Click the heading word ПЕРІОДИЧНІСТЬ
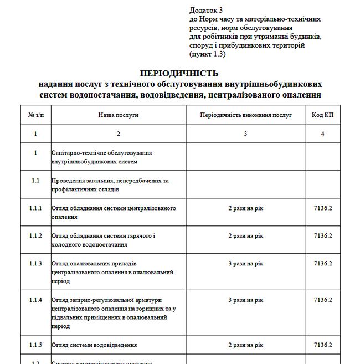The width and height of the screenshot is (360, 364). (179, 73)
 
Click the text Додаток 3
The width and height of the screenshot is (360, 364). (206, 10)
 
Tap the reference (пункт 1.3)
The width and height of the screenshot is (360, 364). (208, 54)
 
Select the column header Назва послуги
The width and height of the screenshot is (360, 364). (118, 115)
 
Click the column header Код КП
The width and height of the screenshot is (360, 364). (322, 115)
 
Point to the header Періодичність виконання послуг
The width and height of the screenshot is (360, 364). (245, 115)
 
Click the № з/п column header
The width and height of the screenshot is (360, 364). (35, 115)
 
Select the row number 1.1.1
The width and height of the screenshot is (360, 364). (35, 208)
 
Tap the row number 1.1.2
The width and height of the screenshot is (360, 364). (35, 236)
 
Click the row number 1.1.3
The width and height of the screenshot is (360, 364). (35, 263)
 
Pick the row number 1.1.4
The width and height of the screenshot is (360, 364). (35, 300)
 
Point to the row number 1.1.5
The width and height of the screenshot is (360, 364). (35, 345)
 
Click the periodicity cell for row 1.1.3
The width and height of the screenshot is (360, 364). (245, 263)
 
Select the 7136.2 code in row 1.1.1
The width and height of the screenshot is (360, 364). (322, 208)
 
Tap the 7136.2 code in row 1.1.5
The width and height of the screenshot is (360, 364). (322, 345)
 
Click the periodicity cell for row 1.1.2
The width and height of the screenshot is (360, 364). (245, 236)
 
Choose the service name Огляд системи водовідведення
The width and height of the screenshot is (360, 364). (94, 345)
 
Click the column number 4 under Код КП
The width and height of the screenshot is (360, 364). (322, 134)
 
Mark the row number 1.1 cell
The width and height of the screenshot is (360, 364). (35, 181)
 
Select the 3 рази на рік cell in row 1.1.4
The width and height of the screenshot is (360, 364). (245, 300)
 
